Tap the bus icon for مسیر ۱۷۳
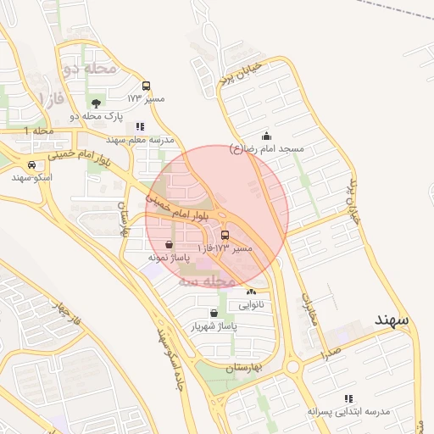pyautogui.click(x=147, y=86)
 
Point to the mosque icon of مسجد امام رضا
pyautogui.click(x=266, y=136)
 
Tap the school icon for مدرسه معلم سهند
pyautogui.click(x=140, y=126)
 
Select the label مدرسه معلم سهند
pyautogui.click(x=140, y=138)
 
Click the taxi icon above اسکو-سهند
pyautogui.click(x=31, y=165)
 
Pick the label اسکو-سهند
pyautogui.click(x=32, y=177)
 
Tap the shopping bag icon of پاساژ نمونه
pyautogui.click(x=170, y=244)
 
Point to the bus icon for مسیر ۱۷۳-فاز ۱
pyautogui.click(x=225, y=236)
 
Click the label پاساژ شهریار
pyautogui.click(x=213, y=325)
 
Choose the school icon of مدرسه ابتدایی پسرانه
pyautogui.click(x=348, y=398)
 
